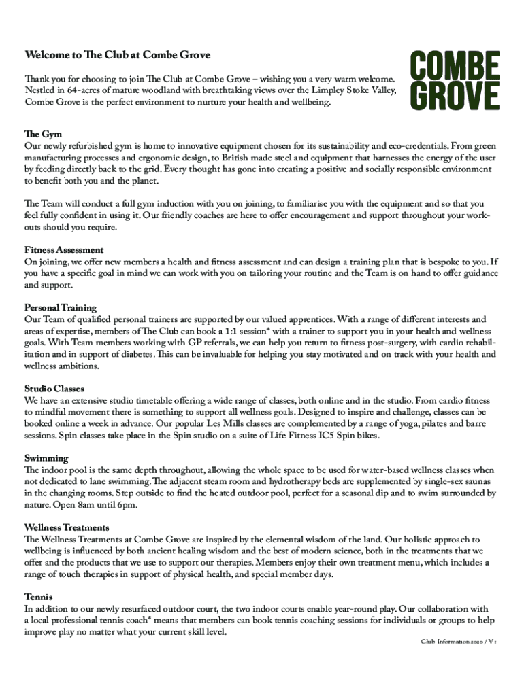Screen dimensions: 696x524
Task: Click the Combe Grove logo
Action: (x=455, y=82)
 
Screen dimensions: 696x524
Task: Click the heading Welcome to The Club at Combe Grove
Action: (x=118, y=55)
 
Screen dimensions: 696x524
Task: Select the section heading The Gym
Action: (x=43, y=135)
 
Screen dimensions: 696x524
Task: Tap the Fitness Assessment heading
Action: (x=64, y=250)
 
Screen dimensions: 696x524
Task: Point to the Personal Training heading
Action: (x=61, y=308)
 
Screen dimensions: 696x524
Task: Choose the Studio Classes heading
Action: (x=54, y=389)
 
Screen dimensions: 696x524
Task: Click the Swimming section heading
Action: (x=46, y=458)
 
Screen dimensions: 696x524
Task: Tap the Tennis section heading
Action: (x=38, y=597)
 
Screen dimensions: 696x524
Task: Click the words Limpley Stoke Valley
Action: (x=355, y=90)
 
